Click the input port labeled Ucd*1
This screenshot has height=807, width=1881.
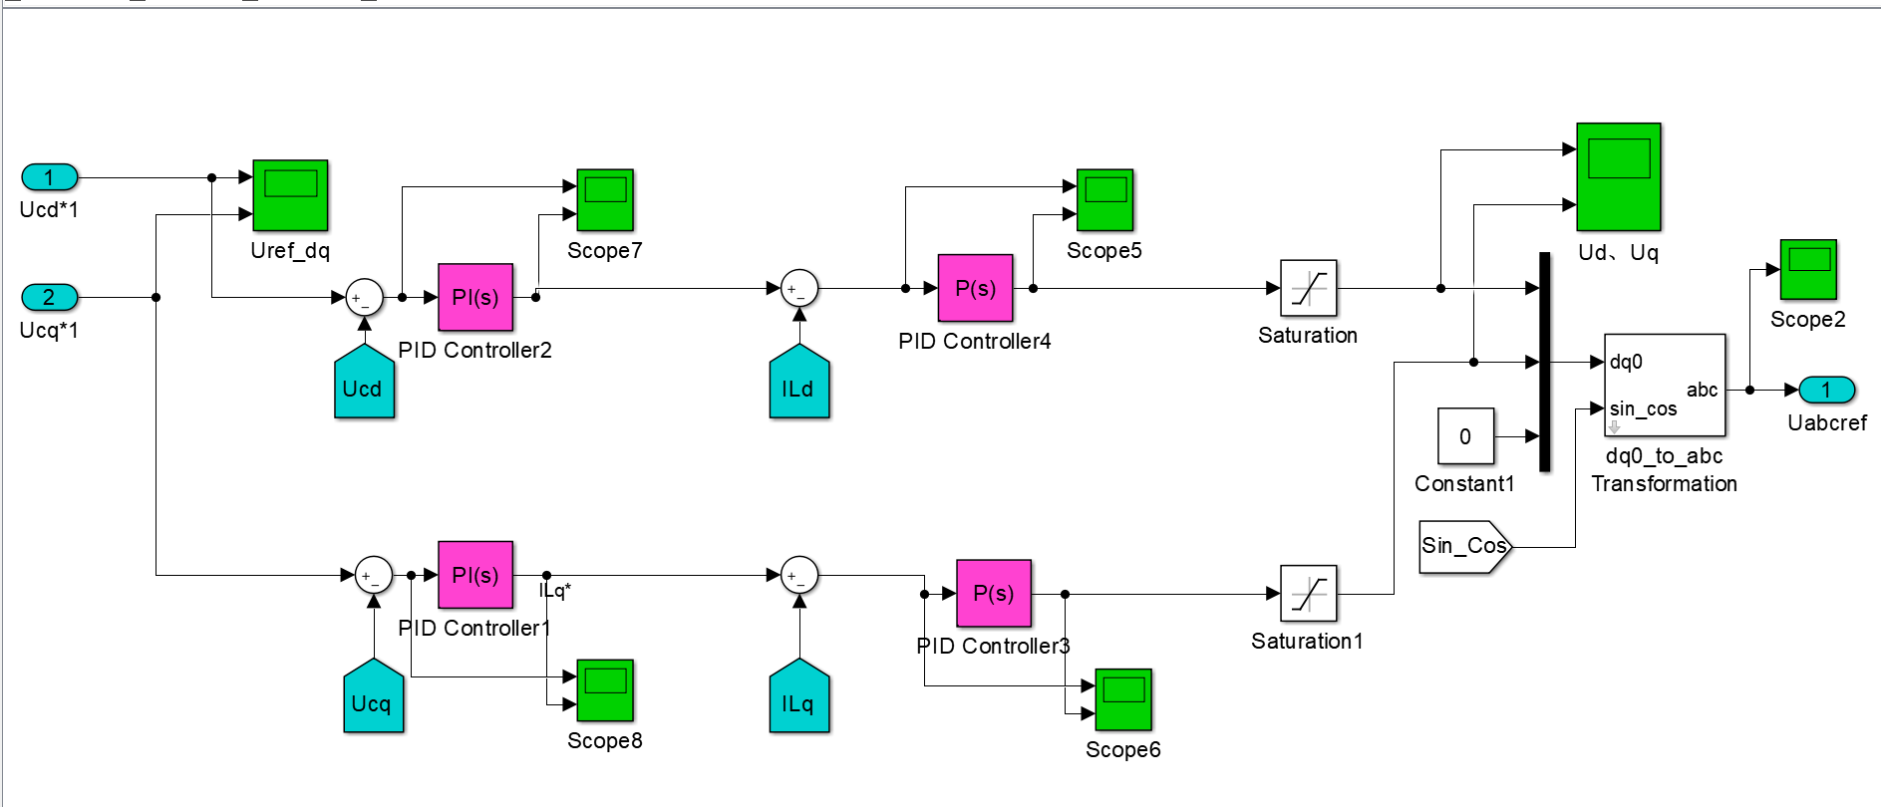pyautogui.click(x=49, y=177)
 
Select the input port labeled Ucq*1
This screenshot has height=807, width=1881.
pyautogui.click(x=49, y=297)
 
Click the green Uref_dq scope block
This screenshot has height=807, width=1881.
pyautogui.click(x=290, y=195)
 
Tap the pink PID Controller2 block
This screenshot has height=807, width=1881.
pyautogui.click(x=475, y=297)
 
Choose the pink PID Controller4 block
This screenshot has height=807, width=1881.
pyautogui.click(x=975, y=288)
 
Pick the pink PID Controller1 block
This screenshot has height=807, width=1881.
pyautogui.click(x=475, y=575)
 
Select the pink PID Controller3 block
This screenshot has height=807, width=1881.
pyautogui.click(x=993, y=593)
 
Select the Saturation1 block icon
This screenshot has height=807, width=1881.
pyautogui.click(x=1308, y=594)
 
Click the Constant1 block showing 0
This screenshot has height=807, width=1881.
pyautogui.click(x=1465, y=435)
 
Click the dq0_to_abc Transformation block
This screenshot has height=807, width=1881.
pyautogui.click(x=1664, y=385)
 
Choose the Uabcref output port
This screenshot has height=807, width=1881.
pyautogui.click(x=1826, y=390)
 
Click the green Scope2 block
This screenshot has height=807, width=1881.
pyautogui.click(x=1808, y=269)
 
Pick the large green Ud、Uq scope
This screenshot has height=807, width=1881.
pyautogui.click(x=1618, y=176)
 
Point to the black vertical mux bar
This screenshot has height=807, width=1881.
pyautogui.click(x=1544, y=361)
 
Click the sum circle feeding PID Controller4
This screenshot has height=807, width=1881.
pyautogui.click(x=798, y=289)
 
